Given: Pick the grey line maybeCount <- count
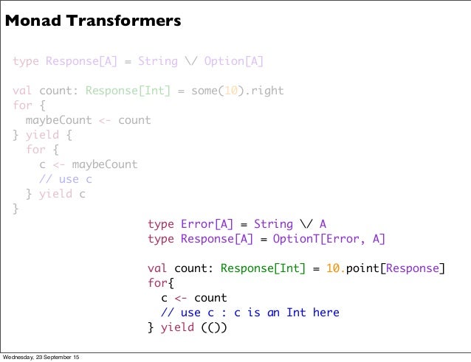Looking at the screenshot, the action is [88, 120].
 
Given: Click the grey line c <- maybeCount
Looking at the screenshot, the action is [88, 164].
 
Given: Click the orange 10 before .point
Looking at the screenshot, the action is [335, 268].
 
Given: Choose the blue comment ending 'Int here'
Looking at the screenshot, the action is [250, 313].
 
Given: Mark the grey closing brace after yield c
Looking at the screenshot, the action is [16, 209].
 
